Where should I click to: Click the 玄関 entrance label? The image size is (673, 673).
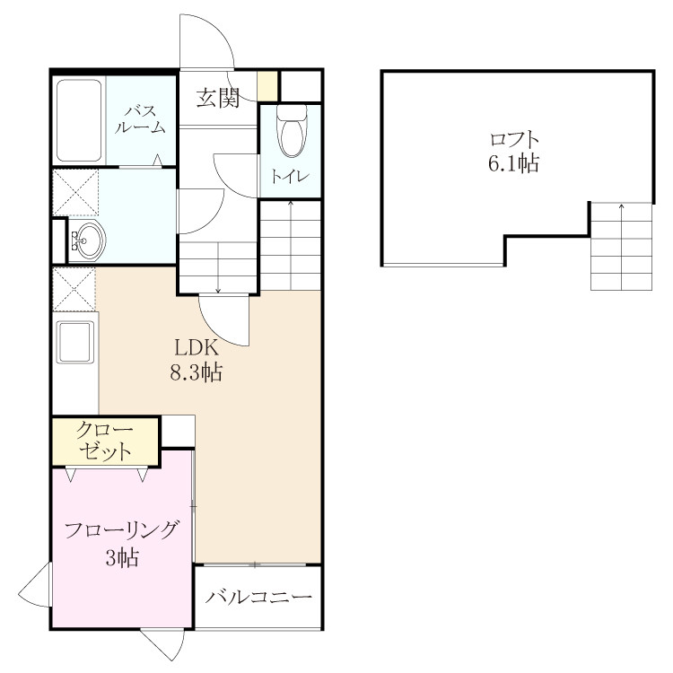tap(218, 98)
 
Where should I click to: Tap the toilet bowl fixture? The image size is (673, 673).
tap(292, 131)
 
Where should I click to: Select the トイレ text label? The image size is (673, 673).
tap(290, 177)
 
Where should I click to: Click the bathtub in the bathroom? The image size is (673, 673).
tap(79, 120)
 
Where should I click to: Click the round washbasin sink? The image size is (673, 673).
tap(88, 240)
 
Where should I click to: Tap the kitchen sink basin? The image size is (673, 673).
tap(76, 342)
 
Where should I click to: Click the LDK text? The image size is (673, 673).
tap(197, 347)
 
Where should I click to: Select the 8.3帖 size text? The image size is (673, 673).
tap(197, 372)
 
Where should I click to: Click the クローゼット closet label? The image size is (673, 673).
tap(105, 441)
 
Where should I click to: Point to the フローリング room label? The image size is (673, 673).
tap(120, 530)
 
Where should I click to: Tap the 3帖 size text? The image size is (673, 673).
tap(122, 557)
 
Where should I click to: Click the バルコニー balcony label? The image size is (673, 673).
tap(258, 597)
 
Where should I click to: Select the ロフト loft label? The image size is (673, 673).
tap(514, 139)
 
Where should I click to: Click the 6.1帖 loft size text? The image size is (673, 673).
tap(513, 163)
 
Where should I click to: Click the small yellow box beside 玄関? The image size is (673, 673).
tap(267, 86)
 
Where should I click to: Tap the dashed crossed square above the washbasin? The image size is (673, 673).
tap(75, 192)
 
